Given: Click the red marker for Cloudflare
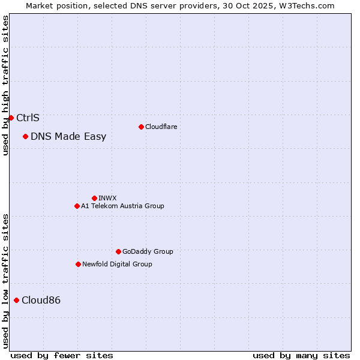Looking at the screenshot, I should (141, 127).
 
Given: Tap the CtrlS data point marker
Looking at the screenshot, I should (11, 118).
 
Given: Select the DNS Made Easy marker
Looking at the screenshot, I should (25, 136).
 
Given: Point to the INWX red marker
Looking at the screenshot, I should (94, 198).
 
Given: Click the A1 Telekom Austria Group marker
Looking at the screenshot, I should (77, 206).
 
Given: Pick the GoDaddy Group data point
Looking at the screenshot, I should (118, 251).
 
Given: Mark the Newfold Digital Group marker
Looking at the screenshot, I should (78, 264).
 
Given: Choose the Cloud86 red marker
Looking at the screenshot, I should (16, 300).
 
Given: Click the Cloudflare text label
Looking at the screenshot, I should (161, 127).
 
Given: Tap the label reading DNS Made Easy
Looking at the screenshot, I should (68, 136).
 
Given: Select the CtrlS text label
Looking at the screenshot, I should (28, 118).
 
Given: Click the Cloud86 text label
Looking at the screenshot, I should (41, 300).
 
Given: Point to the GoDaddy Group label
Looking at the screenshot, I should (148, 251).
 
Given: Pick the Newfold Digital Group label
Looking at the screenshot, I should (117, 264).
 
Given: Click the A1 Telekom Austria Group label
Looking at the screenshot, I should (122, 206).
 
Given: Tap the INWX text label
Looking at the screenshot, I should (107, 198).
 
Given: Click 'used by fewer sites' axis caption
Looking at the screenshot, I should (62, 355).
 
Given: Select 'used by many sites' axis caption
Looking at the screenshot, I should (301, 355).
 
